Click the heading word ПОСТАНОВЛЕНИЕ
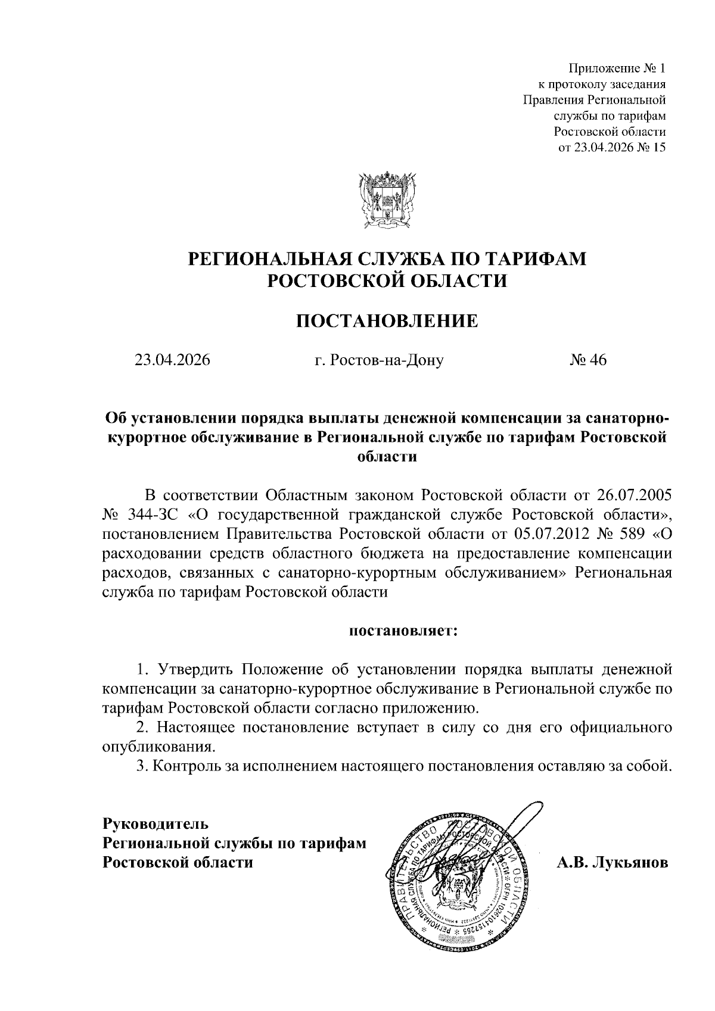tap(387, 322)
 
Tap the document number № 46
tap(587, 360)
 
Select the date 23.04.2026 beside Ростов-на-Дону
tap(173, 360)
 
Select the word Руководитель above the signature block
tap(156, 824)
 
